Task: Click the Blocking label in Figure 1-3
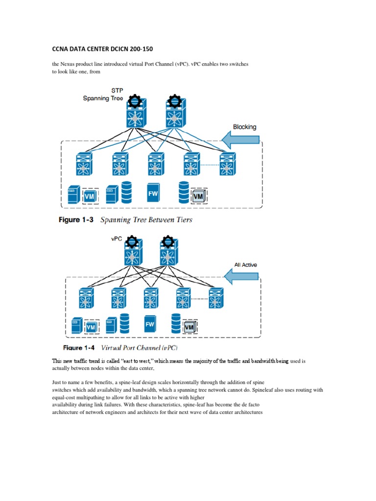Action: (244, 127)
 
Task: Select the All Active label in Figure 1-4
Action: (245, 265)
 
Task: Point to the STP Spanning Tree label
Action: (103, 94)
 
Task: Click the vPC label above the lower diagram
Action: (117, 239)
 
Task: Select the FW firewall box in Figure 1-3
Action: (153, 193)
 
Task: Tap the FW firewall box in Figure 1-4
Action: (150, 324)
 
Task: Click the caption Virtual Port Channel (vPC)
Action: (139, 348)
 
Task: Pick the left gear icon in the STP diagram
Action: (134, 102)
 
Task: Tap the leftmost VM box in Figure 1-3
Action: (90, 196)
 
